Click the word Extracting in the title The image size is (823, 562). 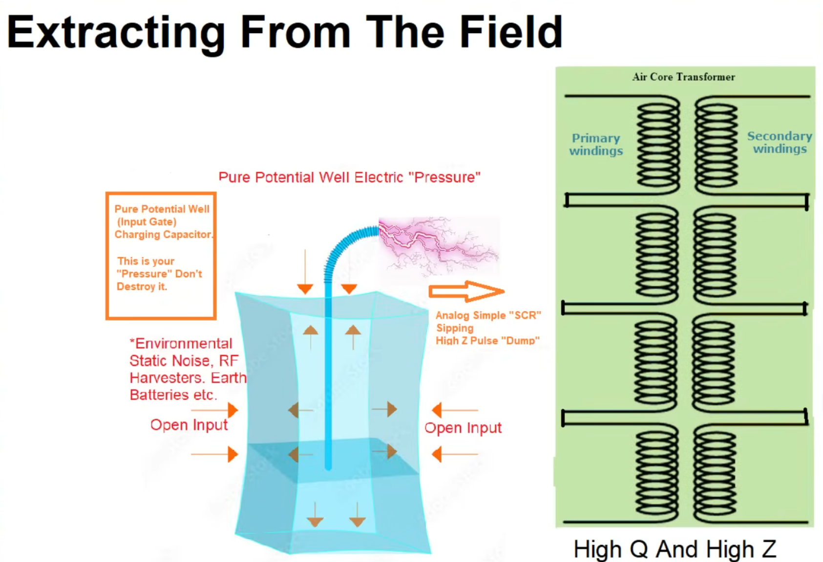pos(116,33)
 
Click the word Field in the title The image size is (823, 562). pos(511,32)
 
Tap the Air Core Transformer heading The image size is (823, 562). pos(683,77)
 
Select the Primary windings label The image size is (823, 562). pos(596,144)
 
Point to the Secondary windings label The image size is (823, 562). pos(780,142)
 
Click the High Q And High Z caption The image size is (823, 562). pos(675,549)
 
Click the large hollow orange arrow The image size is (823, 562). pos(466,291)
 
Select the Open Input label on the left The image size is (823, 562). pos(189,425)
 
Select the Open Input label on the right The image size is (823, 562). pos(463,428)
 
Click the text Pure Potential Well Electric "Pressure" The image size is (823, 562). pos(349,177)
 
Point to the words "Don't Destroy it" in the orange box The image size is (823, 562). pos(159,280)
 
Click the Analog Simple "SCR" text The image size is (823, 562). pos(488,315)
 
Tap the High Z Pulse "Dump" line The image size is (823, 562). pos(487,341)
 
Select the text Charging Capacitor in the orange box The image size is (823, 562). pos(164,235)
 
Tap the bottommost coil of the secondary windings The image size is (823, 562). pos(715,474)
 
